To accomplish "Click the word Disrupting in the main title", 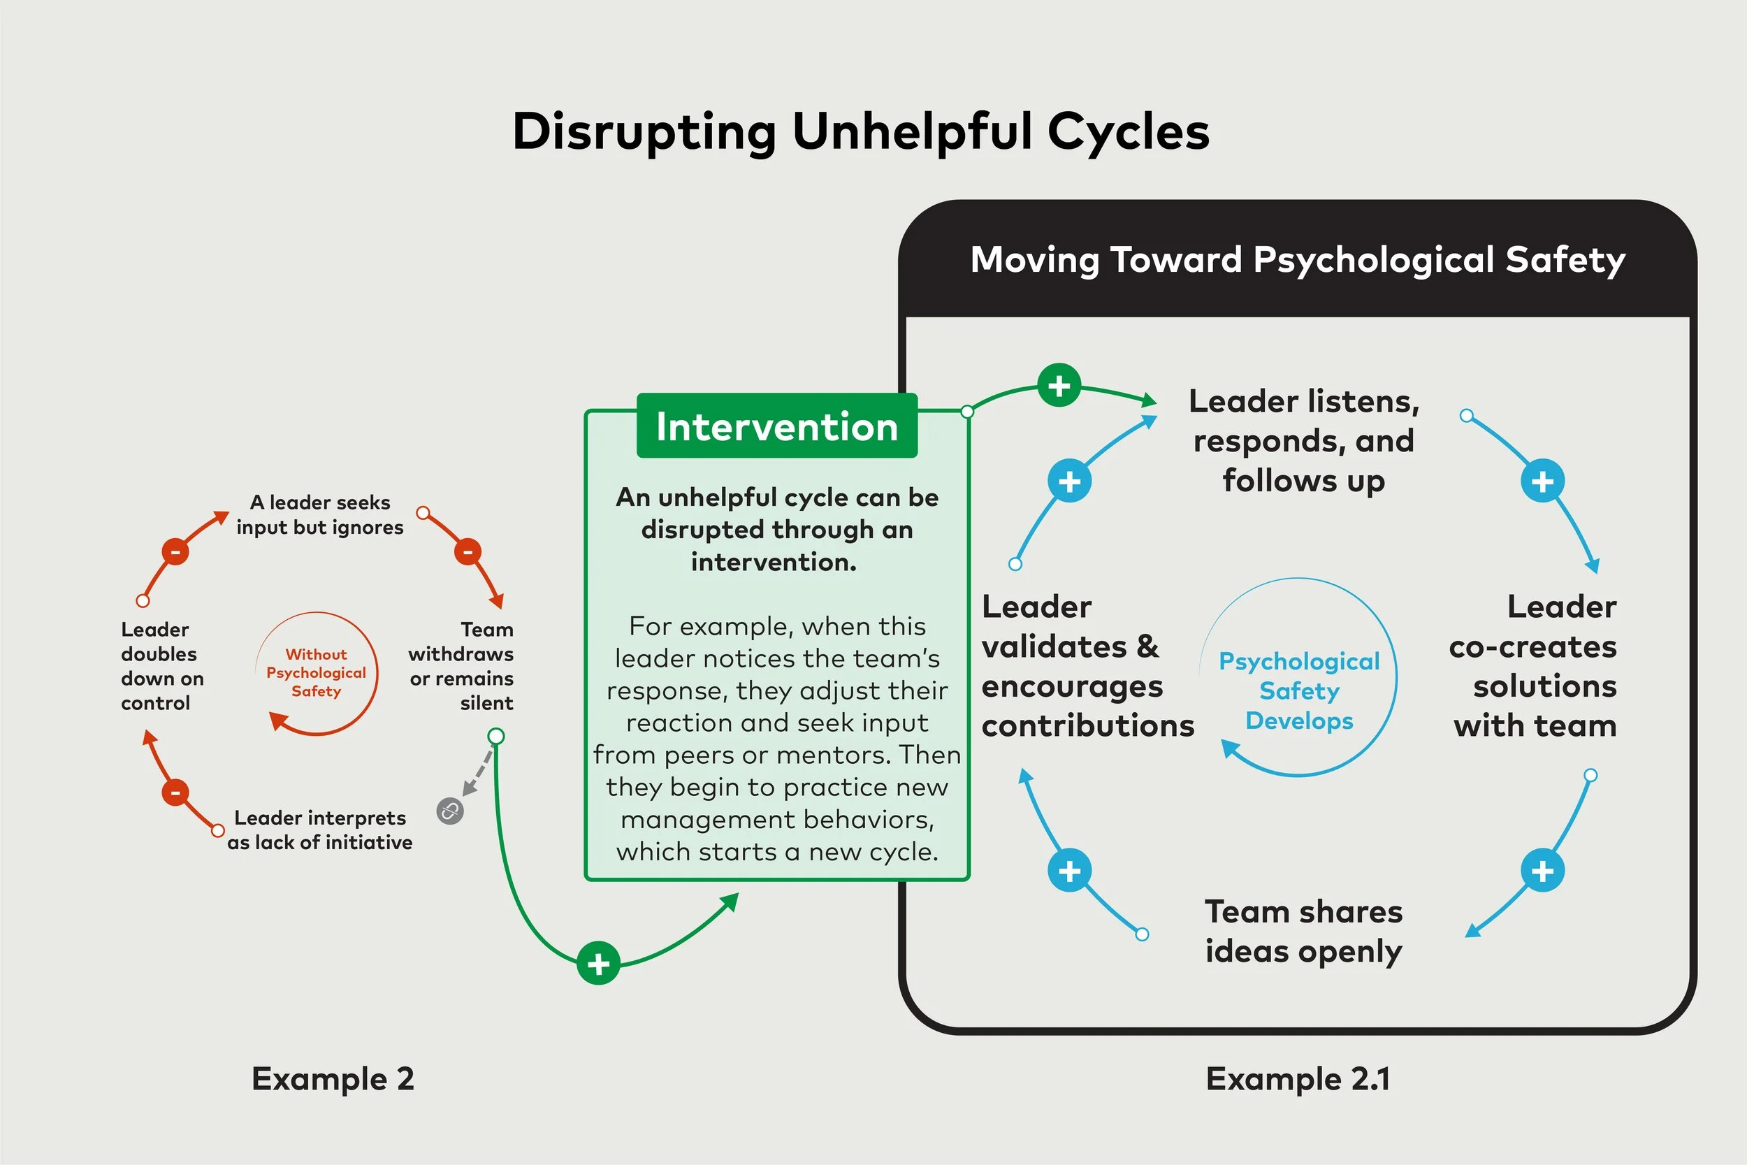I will tap(643, 132).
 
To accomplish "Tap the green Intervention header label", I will tap(777, 426).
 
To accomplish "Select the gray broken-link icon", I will tap(450, 811).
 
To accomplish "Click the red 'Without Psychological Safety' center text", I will tap(317, 672).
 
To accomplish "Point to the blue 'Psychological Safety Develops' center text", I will tap(1299, 690).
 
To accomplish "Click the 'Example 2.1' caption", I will tap(1298, 1079).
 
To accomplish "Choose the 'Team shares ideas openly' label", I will tap(1303, 931).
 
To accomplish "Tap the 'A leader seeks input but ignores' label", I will tap(320, 514).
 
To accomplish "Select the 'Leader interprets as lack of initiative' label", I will tap(320, 830).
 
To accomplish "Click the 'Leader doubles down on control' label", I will tap(161, 666).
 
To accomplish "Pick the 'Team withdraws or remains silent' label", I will tap(462, 666).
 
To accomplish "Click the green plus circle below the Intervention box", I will tap(599, 964).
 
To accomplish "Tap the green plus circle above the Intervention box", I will tap(1059, 386).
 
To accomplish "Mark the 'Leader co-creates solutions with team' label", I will tap(1534, 666).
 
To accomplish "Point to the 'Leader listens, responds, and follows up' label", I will tap(1303, 440).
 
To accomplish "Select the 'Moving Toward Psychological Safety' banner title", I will tap(1298, 260).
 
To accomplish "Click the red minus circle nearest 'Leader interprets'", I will tap(176, 792).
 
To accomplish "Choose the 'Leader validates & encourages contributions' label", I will tap(1087, 666).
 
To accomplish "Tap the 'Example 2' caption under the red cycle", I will tap(333, 1079).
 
